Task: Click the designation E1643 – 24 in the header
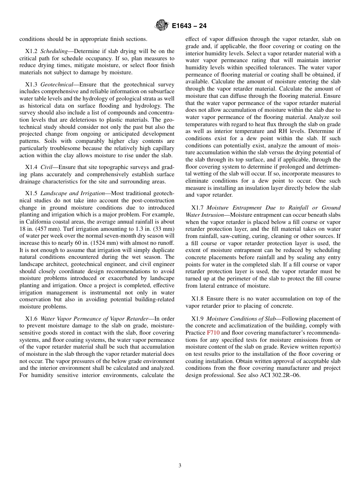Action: pos(189,26)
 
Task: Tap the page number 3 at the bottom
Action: pos(180,466)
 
